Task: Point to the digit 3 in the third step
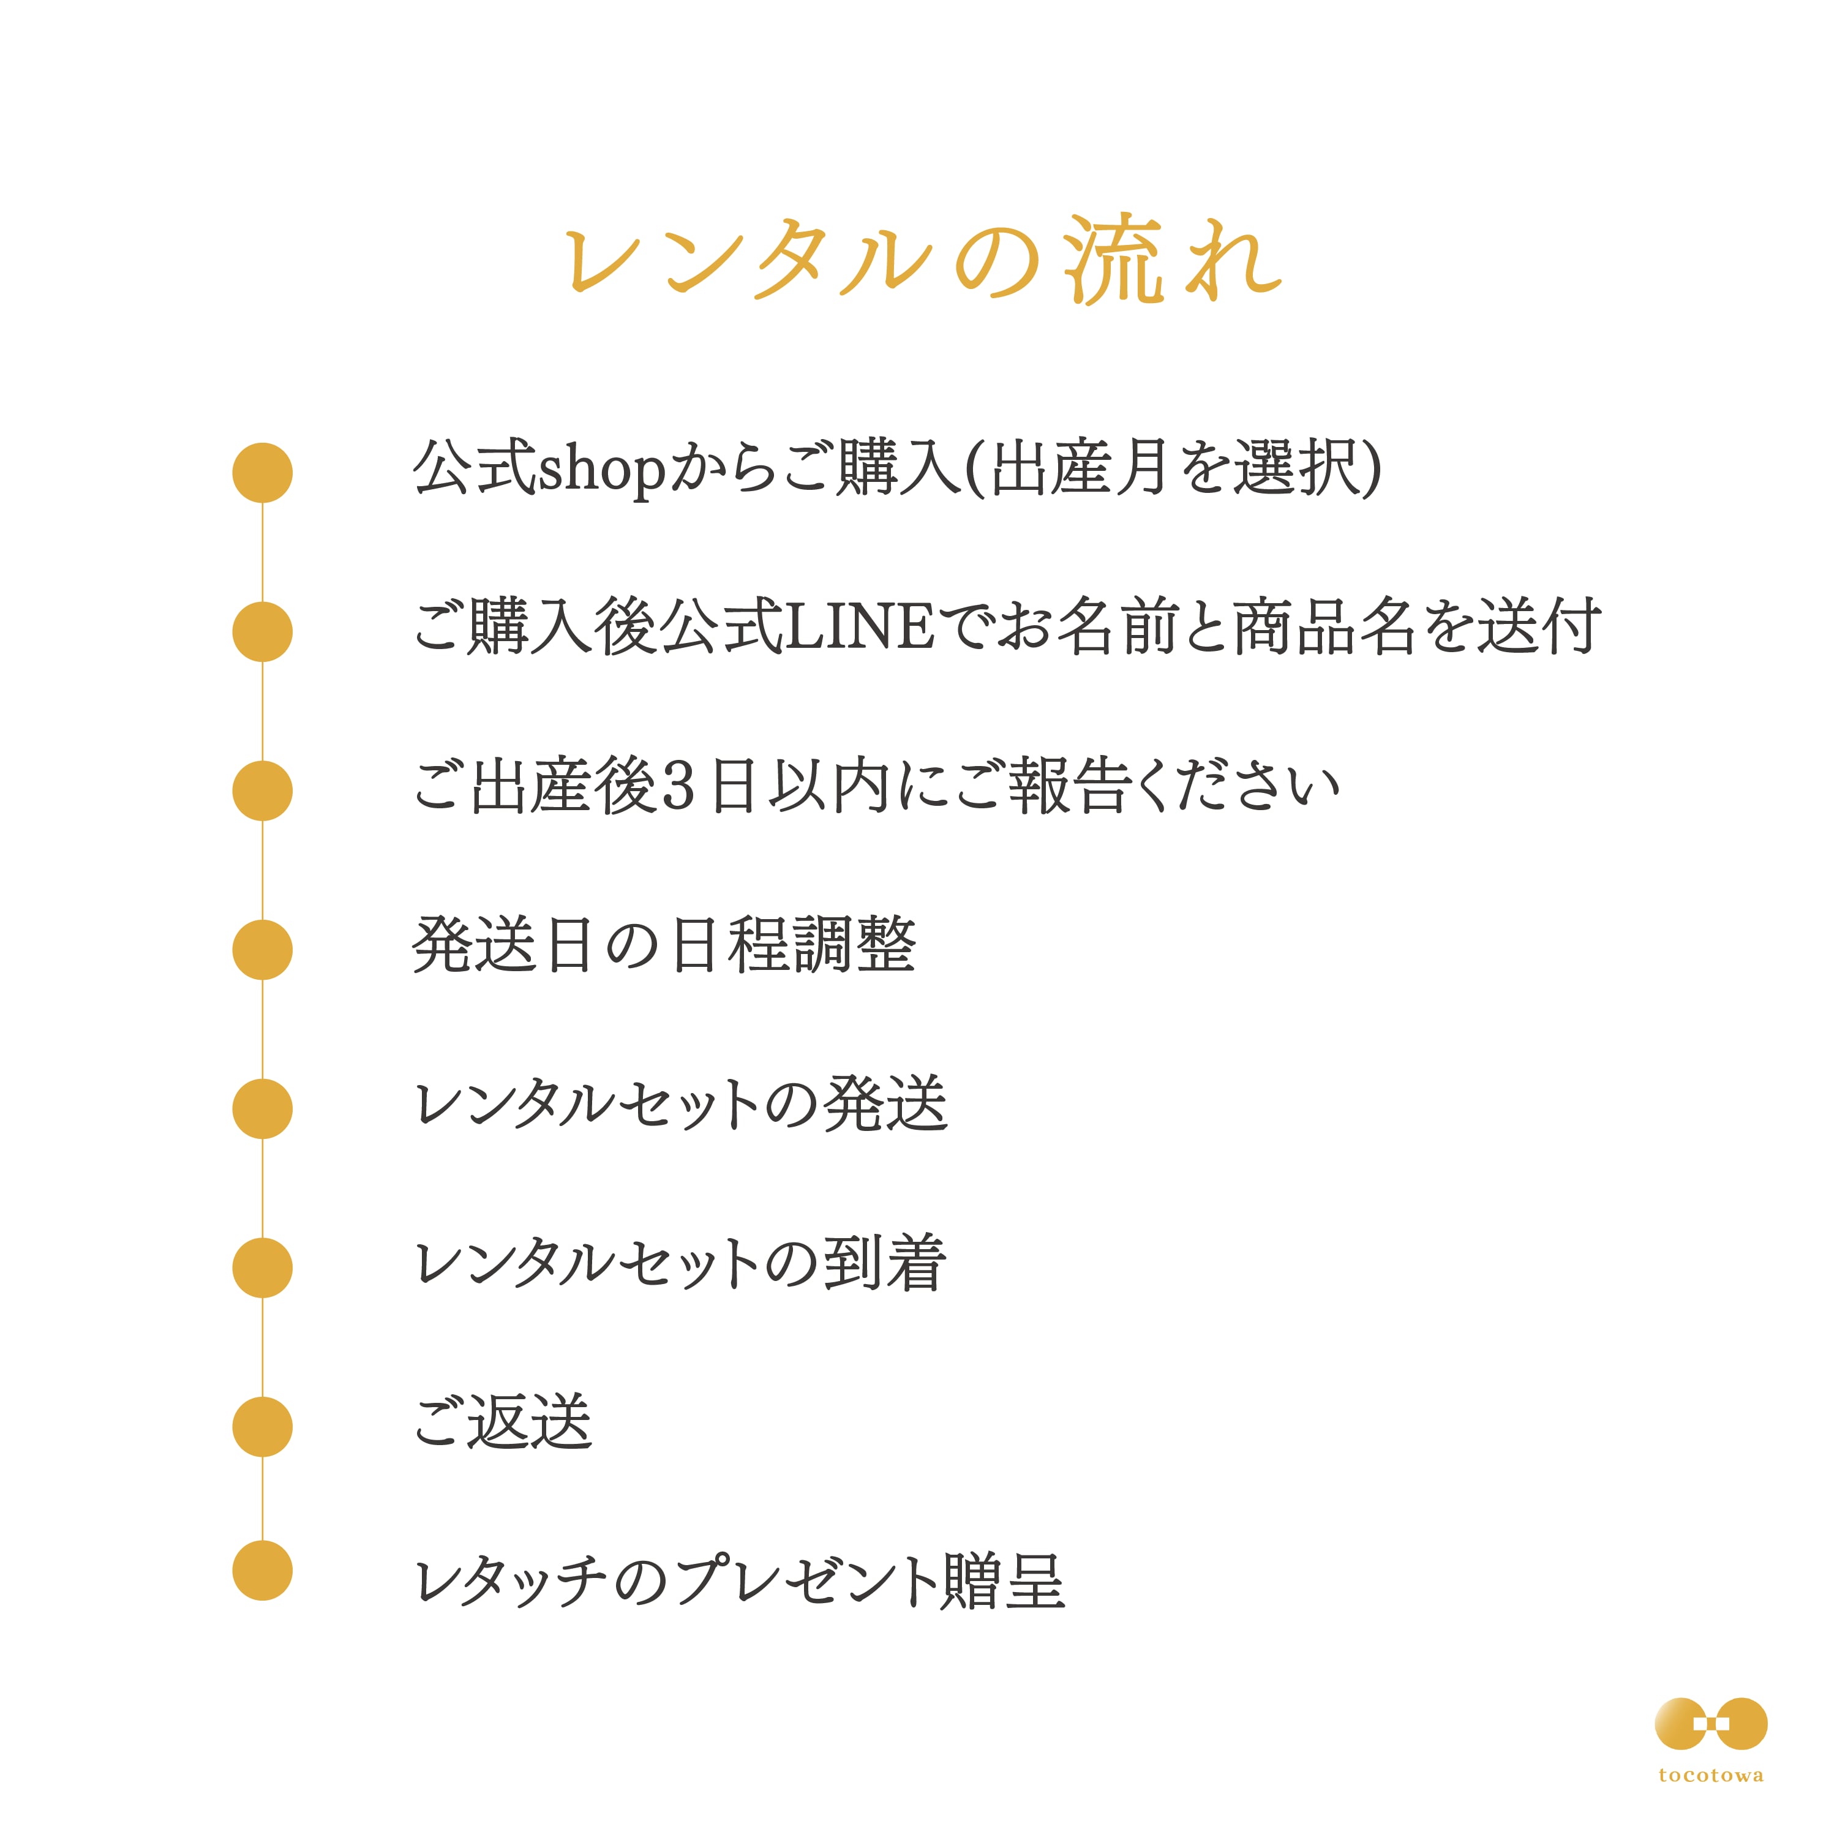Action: [x=677, y=788]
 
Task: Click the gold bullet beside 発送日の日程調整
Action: [x=263, y=950]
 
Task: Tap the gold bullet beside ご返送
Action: [x=263, y=1426]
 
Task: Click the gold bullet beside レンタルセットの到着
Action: [x=263, y=1268]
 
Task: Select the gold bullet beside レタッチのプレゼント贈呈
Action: [x=263, y=1570]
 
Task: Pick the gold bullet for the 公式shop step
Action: [x=263, y=473]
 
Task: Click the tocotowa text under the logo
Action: [x=1710, y=1775]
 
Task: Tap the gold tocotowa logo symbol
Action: [x=1710, y=1724]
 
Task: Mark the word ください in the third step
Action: [x=1236, y=788]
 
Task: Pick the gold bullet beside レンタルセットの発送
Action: [x=263, y=1109]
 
